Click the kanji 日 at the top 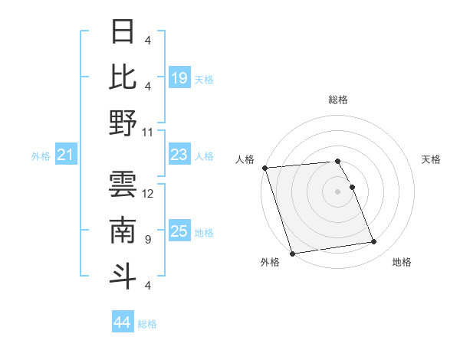(123, 32)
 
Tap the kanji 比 (123, 77)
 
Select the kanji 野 (123, 123)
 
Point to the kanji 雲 (123, 184)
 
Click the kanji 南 (123, 231)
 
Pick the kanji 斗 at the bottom (123, 276)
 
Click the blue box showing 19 (179, 78)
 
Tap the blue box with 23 (179, 155)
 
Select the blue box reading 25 (179, 231)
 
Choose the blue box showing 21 (66, 155)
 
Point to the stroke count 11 (149, 132)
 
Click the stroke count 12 (149, 193)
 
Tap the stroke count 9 (146, 240)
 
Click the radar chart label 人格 (245, 159)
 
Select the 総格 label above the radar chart (337, 100)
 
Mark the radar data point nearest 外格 (292, 254)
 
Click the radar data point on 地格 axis (374, 242)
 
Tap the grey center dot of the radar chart (337, 191)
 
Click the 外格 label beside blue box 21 (41, 156)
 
